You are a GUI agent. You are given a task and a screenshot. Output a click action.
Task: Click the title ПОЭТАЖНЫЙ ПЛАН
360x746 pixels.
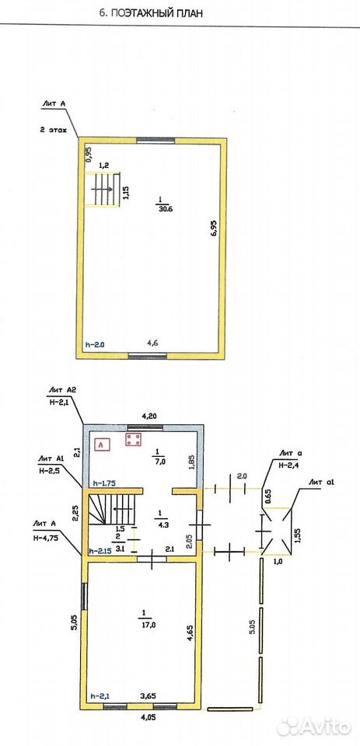click(x=156, y=13)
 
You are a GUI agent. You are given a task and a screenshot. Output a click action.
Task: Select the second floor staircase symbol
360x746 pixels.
click(x=103, y=190)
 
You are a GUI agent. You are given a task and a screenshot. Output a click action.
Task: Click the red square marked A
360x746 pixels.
click(x=103, y=444)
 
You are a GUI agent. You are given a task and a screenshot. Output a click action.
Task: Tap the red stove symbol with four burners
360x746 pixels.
click(x=133, y=440)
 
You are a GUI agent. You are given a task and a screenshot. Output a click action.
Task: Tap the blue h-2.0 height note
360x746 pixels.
click(x=95, y=344)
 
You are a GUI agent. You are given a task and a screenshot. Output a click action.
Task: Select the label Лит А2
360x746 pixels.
click(x=62, y=390)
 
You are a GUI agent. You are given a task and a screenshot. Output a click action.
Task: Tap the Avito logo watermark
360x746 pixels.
click(x=314, y=727)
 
